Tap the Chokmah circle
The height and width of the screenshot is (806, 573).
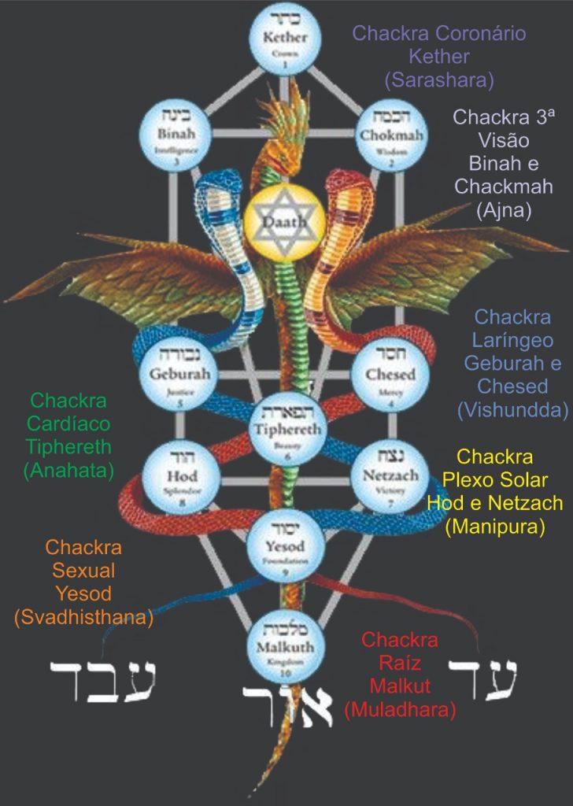click(x=394, y=135)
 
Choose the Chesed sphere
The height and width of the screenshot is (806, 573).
click(x=390, y=372)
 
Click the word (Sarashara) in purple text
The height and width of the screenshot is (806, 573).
click(x=438, y=79)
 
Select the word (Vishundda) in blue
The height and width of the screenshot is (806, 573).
click(x=512, y=409)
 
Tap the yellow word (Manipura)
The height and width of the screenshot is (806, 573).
click(x=494, y=527)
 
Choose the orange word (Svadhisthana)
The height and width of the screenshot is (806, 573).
click(x=83, y=618)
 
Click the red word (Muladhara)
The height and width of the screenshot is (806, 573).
click(x=400, y=711)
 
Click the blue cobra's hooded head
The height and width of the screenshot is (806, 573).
click(x=217, y=189)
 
